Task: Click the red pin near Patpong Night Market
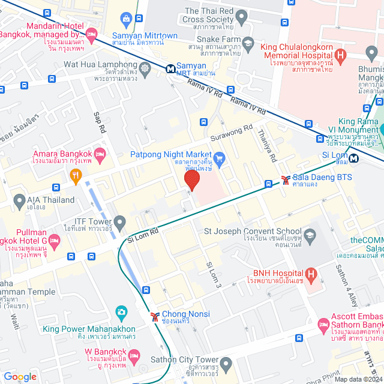pyautogui.click(x=191, y=180)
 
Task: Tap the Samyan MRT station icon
pyautogui.click(x=172, y=69)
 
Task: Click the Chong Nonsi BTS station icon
pyautogui.click(x=155, y=315)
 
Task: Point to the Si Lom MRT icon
pyautogui.click(x=355, y=158)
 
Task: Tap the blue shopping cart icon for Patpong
pyautogui.click(x=220, y=159)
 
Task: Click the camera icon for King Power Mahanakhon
pyautogui.click(x=121, y=312)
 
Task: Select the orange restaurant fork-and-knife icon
pyautogui.click(x=76, y=176)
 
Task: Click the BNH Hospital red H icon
pyautogui.click(x=311, y=275)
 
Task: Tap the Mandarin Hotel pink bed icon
pyautogui.click(x=91, y=34)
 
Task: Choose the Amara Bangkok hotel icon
pyautogui.click(x=100, y=154)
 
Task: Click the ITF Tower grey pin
pyautogui.click(x=119, y=223)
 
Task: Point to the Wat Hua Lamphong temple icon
pyautogui.click(x=146, y=68)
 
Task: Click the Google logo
pyautogui.click(x=20, y=377)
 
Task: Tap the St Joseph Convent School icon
pyautogui.click(x=310, y=234)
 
